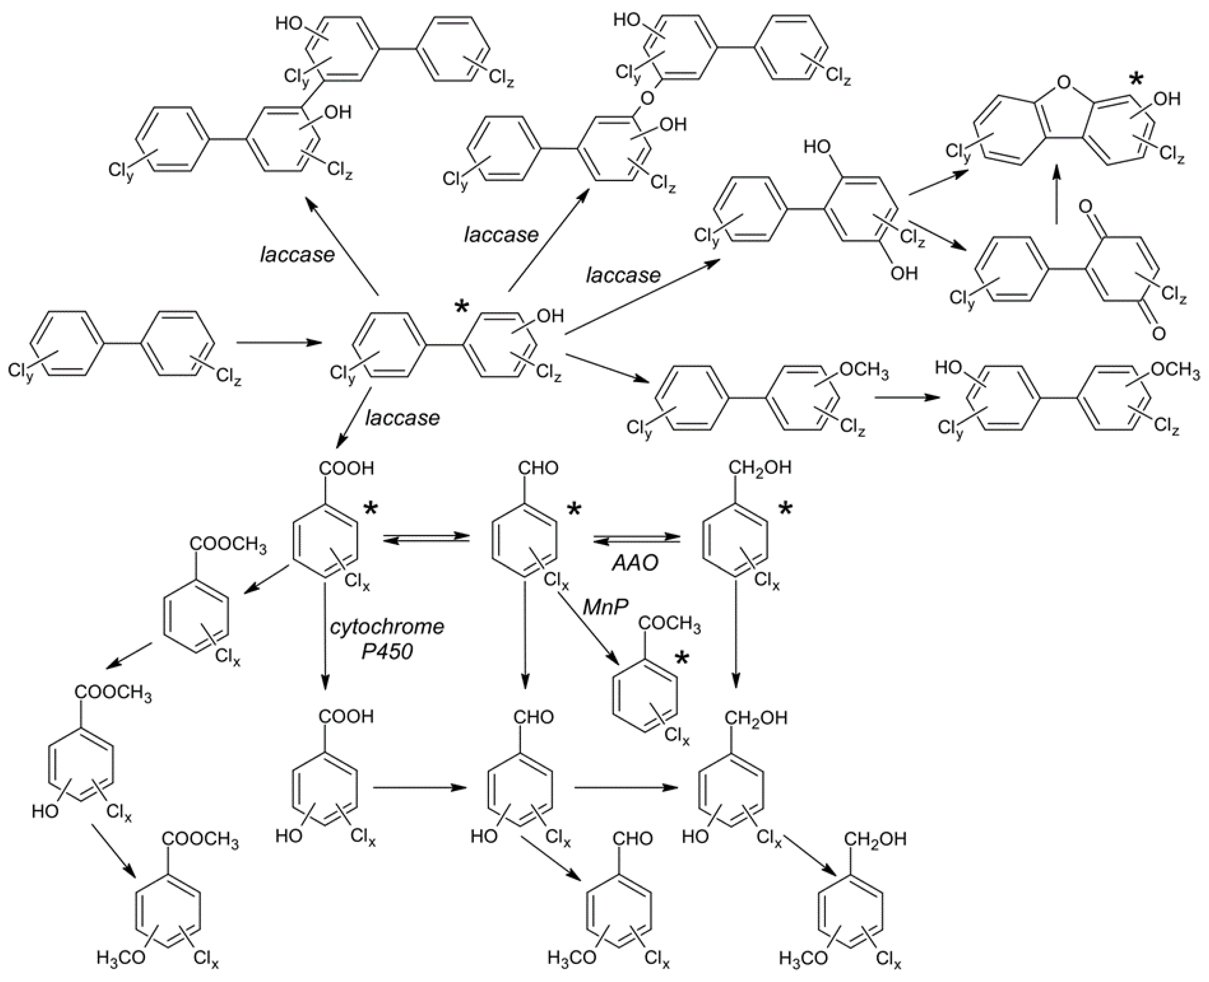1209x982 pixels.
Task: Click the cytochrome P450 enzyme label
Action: [x=387, y=639]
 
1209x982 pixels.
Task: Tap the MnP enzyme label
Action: [x=606, y=607]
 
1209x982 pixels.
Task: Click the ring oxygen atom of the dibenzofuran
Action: [x=1063, y=84]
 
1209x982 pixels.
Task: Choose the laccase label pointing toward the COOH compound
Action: [x=402, y=418]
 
